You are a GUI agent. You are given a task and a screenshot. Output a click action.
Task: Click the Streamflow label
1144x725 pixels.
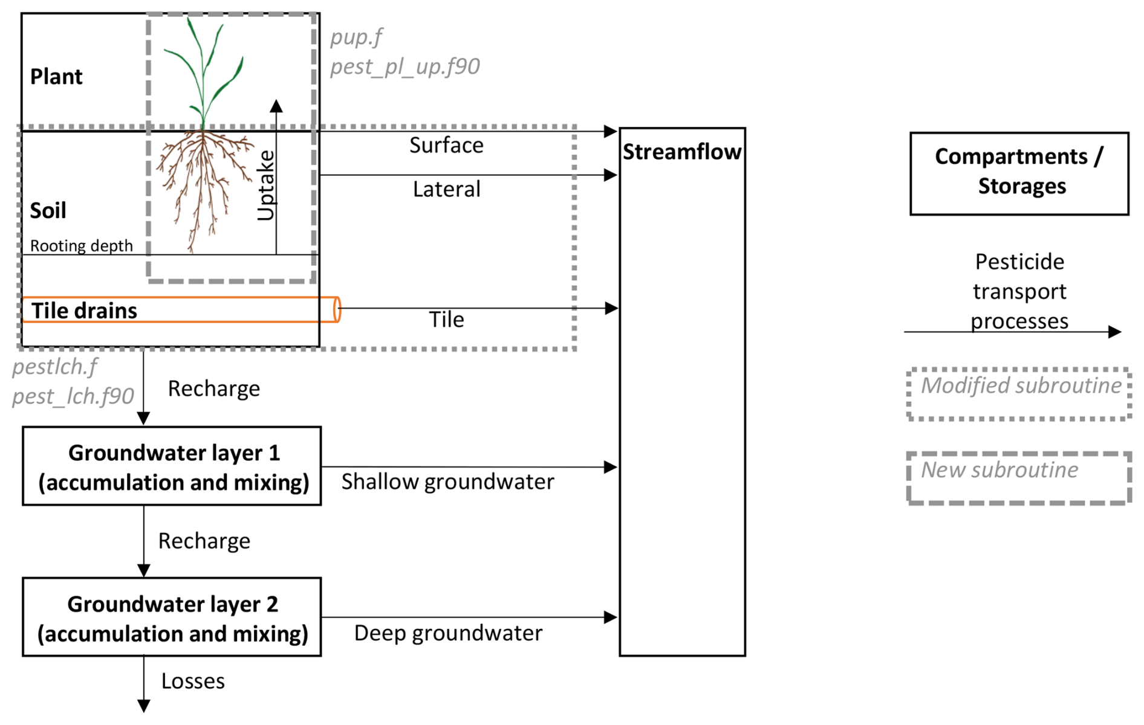(681, 152)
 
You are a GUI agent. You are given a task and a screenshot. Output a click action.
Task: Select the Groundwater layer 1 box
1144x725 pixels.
(172, 466)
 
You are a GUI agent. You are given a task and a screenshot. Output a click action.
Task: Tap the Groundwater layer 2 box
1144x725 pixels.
(172, 617)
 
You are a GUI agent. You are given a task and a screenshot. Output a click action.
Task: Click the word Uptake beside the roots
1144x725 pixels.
(266, 185)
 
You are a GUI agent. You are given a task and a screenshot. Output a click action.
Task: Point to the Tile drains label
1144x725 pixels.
(84, 311)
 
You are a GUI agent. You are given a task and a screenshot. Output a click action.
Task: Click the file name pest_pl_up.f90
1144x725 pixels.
(405, 66)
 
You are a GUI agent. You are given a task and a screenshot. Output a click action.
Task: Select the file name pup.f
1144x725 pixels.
(356, 37)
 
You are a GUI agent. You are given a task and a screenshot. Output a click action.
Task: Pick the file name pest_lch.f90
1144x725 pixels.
(73, 396)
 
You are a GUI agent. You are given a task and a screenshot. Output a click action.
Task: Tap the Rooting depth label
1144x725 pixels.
(81, 246)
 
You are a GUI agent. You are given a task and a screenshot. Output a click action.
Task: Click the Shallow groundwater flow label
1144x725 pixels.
(447, 482)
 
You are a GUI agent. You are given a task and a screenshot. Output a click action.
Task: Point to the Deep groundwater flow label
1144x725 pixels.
(448, 633)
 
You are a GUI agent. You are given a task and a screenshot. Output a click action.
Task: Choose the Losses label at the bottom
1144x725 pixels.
(193, 681)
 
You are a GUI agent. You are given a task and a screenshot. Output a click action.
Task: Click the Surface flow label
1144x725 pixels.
(446, 146)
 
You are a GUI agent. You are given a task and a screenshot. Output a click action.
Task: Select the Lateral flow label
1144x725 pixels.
(446, 190)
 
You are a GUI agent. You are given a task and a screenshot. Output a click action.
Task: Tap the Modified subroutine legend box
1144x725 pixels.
(1019, 393)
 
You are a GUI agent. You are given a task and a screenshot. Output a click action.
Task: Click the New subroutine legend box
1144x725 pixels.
(1019, 478)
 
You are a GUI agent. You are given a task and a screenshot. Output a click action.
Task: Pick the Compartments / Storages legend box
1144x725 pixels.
(1019, 173)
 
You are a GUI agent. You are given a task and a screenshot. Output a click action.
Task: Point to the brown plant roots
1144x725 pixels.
(203, 181)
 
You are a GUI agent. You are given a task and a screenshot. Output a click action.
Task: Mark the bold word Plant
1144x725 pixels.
(56, 77)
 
